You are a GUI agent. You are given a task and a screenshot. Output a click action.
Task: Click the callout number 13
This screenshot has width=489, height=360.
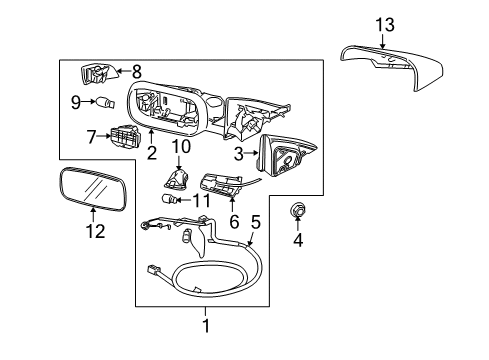point(385,25)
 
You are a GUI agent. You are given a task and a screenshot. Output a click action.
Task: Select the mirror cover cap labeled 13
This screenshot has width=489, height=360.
point(393,67)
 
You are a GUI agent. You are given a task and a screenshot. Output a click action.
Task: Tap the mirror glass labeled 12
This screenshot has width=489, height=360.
point(93,189)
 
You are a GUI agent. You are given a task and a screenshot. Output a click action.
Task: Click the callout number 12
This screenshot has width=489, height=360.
point(95,231)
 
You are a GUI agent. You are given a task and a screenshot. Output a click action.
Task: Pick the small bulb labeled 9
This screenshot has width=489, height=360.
point(105,102)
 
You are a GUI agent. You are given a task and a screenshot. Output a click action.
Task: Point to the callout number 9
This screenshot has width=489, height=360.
point(76,102)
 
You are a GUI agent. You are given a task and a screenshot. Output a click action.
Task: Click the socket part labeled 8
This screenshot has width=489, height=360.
point(98,74)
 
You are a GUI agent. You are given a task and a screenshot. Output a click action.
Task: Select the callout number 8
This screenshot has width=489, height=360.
point(137,71)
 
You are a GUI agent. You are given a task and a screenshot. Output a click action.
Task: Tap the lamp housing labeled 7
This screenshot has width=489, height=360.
point(124,136)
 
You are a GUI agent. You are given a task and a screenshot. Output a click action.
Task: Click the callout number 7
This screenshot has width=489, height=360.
point(91,137)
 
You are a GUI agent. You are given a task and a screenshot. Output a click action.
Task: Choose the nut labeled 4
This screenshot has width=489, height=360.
point(296,210)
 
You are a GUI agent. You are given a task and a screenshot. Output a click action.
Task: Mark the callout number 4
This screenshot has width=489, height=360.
point(298,240)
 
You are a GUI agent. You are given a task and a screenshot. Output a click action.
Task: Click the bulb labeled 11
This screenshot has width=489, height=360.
point(169,200)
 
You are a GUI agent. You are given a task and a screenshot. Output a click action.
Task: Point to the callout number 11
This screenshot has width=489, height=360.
point(202,200)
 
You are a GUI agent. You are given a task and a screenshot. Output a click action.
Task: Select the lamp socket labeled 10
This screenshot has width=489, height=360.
point(177,178)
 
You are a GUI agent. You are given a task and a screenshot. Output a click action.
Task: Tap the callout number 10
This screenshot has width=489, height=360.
point(181,146)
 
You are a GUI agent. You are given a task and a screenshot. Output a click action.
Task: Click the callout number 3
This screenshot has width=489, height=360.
point(239,154)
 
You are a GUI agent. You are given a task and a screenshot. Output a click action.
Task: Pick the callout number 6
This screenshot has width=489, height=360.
point(234,222)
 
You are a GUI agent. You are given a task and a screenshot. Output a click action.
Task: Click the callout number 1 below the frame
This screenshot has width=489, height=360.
point(206,326)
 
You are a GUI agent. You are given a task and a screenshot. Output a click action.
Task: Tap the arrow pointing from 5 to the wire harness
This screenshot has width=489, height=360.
point(251,239)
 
